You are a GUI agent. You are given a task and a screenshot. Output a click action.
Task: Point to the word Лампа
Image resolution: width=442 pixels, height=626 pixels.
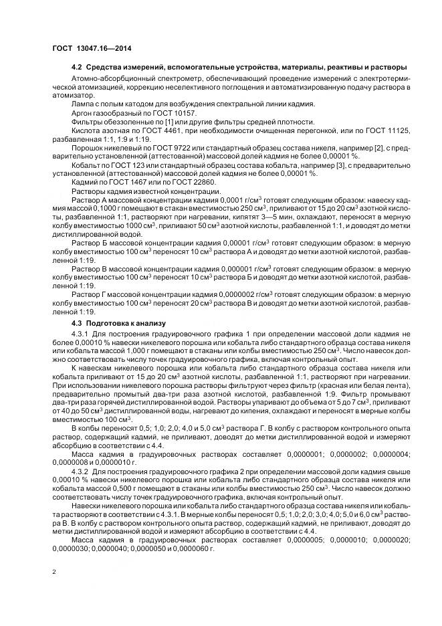[x=83, y=105]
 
